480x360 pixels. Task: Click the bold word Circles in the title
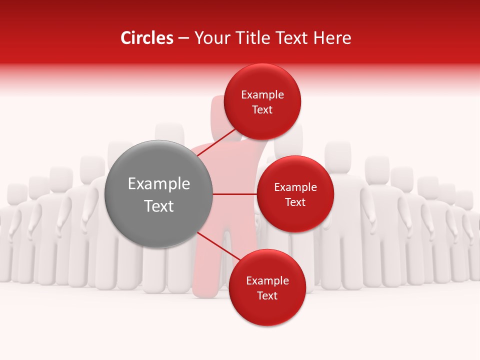(147, 38)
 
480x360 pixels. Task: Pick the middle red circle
(295, 172)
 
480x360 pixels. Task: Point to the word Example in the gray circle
(159, 184)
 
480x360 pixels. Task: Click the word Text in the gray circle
(159, 206)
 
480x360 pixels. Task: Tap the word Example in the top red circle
(262, 95)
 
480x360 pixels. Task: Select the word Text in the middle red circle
(295, 202)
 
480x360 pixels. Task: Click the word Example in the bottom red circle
(267, 281)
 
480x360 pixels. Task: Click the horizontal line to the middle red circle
(235, 194)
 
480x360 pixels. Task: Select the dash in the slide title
(183, 38)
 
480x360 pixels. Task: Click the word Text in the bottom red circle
(267, 296)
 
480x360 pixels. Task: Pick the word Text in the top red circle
(262, 110)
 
